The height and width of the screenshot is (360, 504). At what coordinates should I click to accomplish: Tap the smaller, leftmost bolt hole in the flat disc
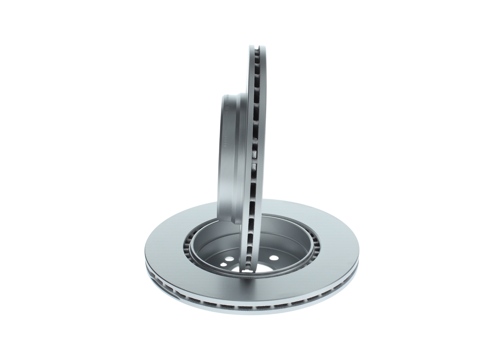pos(223,264)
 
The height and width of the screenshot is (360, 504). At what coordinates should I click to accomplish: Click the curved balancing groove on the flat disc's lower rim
pos(165,286)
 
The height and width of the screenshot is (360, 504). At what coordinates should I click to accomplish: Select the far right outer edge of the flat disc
pos(358,252)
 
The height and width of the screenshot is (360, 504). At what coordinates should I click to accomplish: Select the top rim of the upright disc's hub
pos(230,95)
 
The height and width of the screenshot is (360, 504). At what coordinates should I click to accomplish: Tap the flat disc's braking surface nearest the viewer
pos(252,291)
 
